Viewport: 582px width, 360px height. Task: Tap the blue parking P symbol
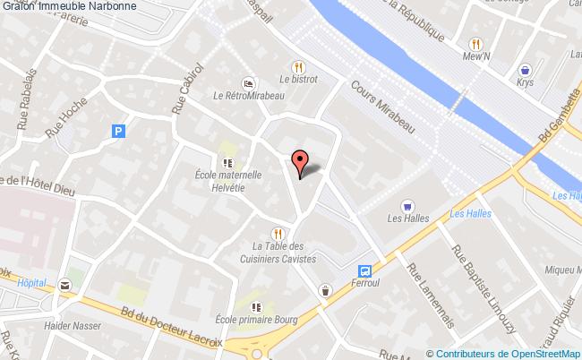(116, 131)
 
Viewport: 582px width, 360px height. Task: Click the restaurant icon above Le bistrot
(298, 65)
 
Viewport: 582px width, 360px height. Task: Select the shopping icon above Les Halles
(408, 205)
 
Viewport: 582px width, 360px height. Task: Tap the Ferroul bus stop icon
(364, 270)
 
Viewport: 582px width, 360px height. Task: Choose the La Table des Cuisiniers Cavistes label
(285, 253)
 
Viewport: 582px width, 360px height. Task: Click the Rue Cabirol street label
(191, 86)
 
